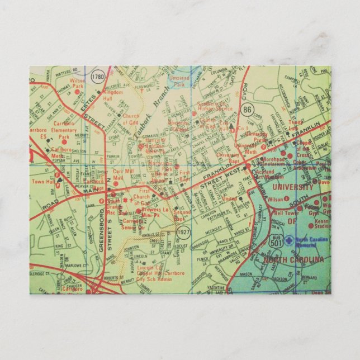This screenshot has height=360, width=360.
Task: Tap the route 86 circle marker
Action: [247, 109]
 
